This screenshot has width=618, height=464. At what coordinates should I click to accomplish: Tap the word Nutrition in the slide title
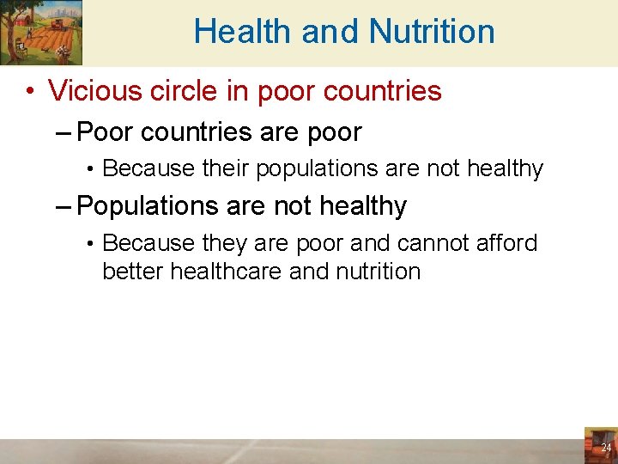(432, 32)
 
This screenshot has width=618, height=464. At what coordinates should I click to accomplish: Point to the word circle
(190, 90)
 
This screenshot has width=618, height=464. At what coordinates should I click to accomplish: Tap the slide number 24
(606, 448)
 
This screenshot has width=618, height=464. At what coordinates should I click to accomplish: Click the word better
(133, 272)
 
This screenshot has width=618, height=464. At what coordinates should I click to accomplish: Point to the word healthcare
(226, 272)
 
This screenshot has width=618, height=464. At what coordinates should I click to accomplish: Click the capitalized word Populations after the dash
(148, 206)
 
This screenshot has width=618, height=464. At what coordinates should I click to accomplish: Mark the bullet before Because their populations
(90, 169)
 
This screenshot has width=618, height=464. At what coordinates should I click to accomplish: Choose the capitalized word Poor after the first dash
(105, 132)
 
